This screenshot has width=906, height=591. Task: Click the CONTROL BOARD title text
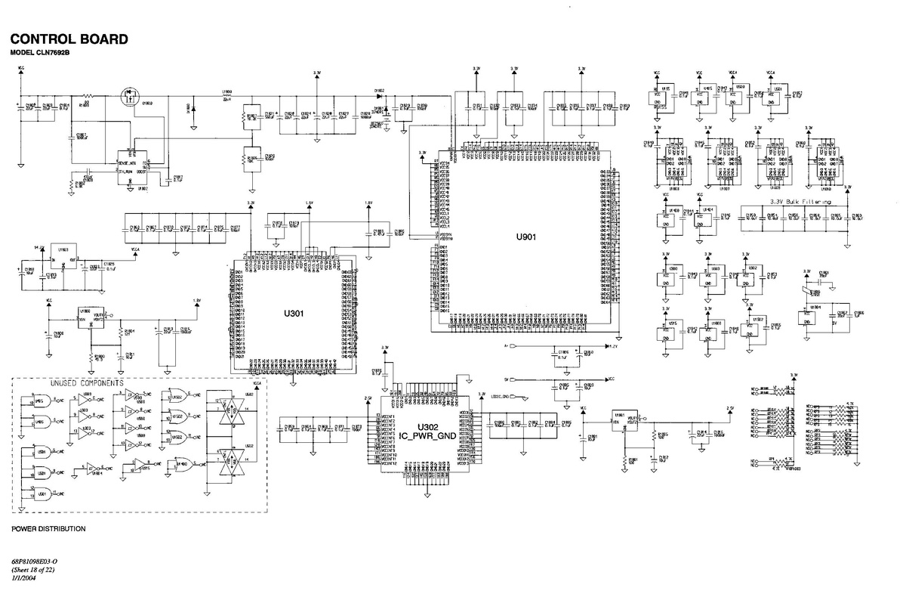point(69,39)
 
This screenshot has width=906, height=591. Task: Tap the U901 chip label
point(526,237)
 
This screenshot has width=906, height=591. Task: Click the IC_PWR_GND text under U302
point(428,435)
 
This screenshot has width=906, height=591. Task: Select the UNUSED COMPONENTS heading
point(87,383)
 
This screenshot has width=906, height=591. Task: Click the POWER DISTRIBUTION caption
point(49,529)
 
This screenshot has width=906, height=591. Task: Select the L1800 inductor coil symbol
point(226,96)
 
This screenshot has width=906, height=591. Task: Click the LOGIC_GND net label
point(501,396)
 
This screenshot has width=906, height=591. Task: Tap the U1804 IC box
point(814,317)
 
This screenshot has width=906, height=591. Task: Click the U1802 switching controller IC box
point(131,165)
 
